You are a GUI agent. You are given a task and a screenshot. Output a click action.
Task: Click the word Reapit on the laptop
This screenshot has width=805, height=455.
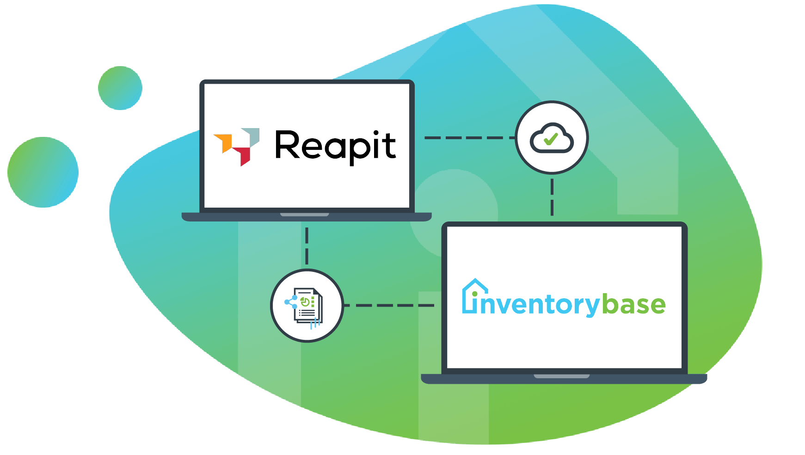[335, 146]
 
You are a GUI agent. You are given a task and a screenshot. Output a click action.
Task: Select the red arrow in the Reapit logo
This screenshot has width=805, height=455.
[244, 155]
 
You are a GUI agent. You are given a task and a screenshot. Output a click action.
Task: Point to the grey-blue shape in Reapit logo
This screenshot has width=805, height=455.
[252, 136]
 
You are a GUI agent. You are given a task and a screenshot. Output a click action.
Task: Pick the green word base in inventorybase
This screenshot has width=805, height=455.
[634, 305]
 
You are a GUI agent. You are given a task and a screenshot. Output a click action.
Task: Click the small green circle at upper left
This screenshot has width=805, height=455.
[120, 88]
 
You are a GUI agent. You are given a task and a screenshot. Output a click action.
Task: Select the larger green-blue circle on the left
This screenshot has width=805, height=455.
[43, 172]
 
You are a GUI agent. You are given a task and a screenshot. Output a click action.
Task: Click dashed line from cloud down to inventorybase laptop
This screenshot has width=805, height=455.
[552, 197]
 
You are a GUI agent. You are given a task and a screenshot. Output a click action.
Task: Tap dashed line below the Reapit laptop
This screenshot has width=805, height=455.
[307, 245]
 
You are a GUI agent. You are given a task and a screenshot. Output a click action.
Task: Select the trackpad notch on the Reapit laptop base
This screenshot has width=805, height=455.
[305, 215]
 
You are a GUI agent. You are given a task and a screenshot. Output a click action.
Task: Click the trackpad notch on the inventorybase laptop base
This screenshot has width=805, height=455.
[561, 376]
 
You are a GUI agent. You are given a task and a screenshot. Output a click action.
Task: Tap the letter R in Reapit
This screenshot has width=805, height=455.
[287, 145]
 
